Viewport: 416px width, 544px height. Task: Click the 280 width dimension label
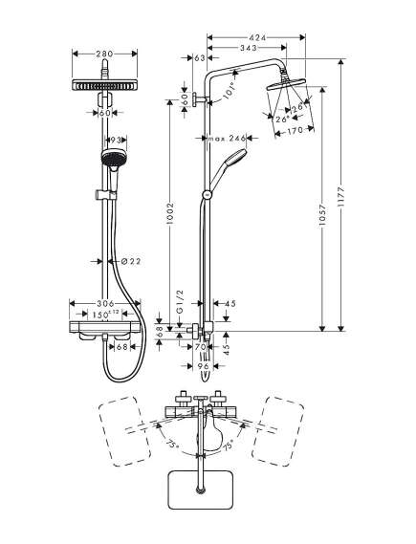click(104, 54)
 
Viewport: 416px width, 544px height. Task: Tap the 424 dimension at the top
click(257, 38)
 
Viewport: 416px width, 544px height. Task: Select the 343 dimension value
click(248, 48)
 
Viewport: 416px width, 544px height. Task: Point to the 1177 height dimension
click(342, 197)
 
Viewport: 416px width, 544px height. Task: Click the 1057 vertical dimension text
click(322, 215)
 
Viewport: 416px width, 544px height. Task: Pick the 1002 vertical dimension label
click(169, 213)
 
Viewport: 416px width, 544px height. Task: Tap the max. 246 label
click(227, 139)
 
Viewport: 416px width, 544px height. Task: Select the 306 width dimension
click(106, 303)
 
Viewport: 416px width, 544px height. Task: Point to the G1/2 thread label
click(180, 302)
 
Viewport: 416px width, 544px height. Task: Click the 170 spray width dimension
click(295, 130)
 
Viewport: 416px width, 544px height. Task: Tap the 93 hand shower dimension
click(115, 140)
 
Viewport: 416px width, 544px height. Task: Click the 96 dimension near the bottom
click(203, 366)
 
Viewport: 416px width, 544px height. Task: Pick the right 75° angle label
click(228, 446)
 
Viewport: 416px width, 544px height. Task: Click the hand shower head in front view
click(112, 158)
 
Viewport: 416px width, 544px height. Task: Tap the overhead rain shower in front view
click(104, 85)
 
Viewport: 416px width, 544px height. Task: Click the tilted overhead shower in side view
click(286, 84)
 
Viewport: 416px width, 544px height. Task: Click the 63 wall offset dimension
click(200, 58)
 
